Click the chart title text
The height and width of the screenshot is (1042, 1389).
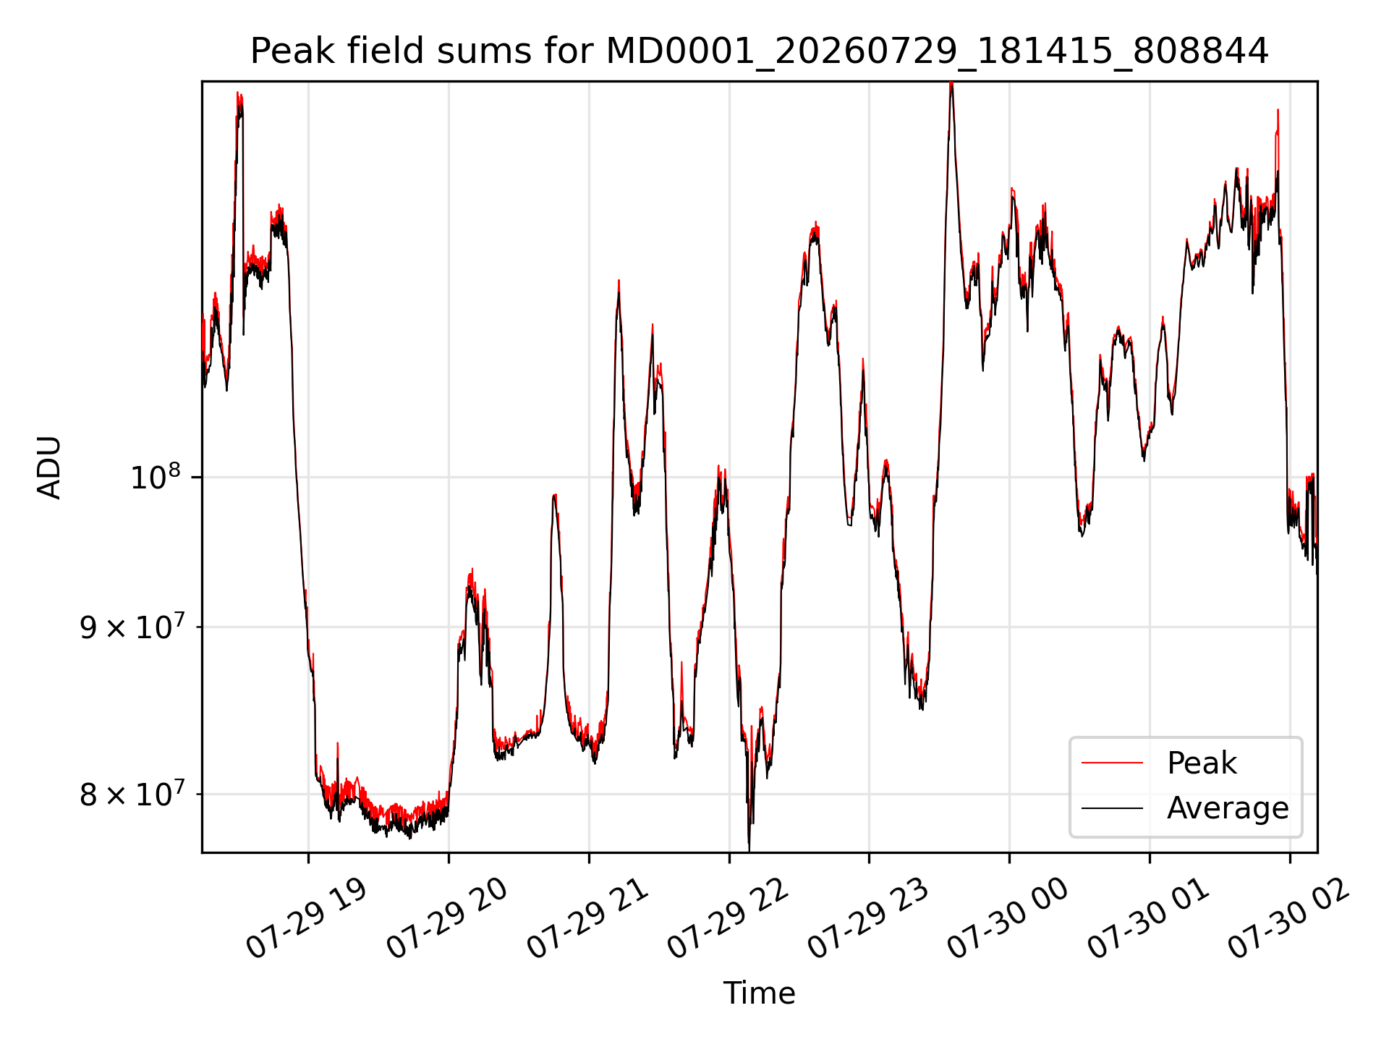[x=759, y=51]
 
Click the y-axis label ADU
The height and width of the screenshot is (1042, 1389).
[x=49, y=467]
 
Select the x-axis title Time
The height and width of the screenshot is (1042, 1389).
[x=759, y=993]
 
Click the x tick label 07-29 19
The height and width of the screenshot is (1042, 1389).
[x=306, y=919]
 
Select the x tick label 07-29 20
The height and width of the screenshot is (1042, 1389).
[x=446, y=919]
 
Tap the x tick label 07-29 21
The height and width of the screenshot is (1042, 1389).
[x=587, y=919]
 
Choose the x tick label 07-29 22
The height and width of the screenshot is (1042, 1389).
[x=727, y=919]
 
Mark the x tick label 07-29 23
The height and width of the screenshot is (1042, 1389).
[x=867, y=919]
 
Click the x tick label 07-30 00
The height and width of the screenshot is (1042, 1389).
[x=1008, y=919]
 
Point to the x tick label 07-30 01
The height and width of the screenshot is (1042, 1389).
[x=1148, y=919]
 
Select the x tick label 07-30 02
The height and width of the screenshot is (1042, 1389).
[x=1288, y=919]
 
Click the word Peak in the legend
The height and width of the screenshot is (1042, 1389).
[x=1202, y=763]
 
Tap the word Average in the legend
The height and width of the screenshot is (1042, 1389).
[x=1228, y=808]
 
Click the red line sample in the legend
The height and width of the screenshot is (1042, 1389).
[x=1112, y=763]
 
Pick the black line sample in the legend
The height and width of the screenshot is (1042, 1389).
[x=1112, y=808]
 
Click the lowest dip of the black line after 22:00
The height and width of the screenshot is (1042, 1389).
[x=749, y=850]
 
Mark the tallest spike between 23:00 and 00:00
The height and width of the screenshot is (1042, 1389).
[x=951, y=84]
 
